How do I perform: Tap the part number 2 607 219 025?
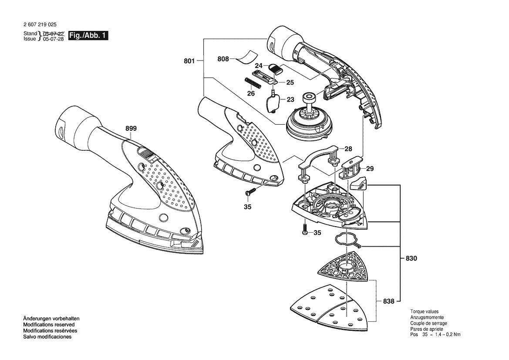click(x=40, y=24)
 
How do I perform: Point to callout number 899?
click(x=131, y=129)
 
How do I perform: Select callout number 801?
click(x=189, y=61)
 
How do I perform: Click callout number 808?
click(x=223, y=59)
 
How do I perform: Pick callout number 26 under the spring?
click(x=251, y=94)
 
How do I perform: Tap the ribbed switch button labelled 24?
click(x=276, y=68)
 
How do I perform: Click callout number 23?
click(x=290, y=99)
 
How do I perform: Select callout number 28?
click(x=348, y=149)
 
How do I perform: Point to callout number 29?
click(x=370, y=169)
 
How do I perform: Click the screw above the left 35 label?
click(x=250, y=192)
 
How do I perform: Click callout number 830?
click(x=411, y=258)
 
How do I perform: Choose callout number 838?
click(x=388, y=302)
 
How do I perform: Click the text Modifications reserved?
click(x=49, y=325)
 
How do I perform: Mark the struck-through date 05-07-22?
click(x=54, y=34)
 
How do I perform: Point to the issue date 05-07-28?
click(x=54, y=39)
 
